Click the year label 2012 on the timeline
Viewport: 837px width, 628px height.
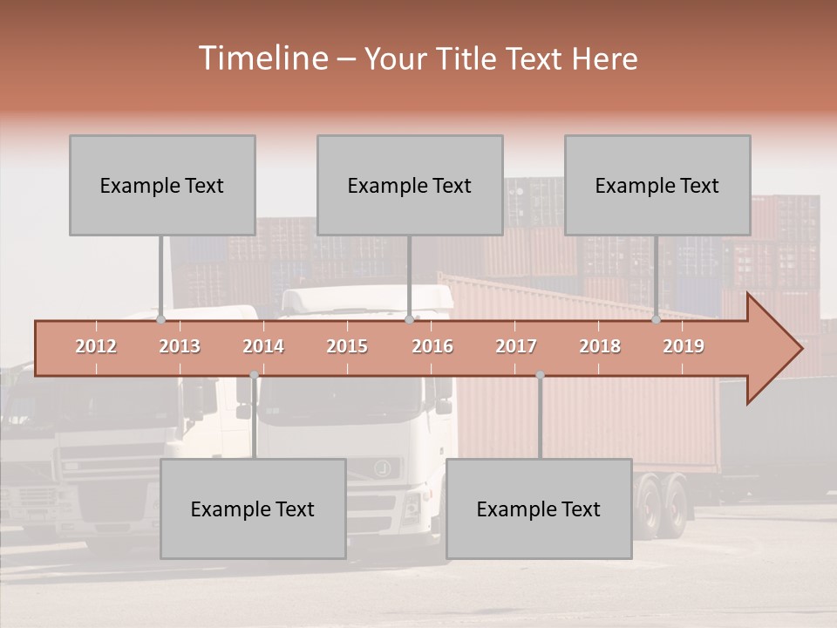(96, 346)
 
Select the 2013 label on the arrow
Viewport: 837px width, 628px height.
(180, 346)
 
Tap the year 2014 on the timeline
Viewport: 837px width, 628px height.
(263, 346)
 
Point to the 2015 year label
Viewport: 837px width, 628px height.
(347, 346)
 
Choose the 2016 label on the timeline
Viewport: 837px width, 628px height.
(432, 346)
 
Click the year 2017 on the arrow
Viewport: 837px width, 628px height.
(516, 346)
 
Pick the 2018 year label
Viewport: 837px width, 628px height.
(600, 346)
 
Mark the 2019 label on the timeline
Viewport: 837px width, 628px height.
(684, 346)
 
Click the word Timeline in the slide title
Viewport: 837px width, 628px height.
(261, 58)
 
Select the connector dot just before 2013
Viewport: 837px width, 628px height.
(161, 320)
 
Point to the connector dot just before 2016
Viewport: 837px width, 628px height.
(409, 320)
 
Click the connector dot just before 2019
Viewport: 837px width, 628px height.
(657, 320)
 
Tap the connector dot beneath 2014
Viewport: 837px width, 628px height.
(254, 375)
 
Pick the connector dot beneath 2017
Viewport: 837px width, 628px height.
(540, 375)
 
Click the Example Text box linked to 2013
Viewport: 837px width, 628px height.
(162, 185)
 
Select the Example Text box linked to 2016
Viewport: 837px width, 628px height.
(410, 185)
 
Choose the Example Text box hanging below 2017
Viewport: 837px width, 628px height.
(539, 509)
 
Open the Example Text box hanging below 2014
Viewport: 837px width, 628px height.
(253, 509)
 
